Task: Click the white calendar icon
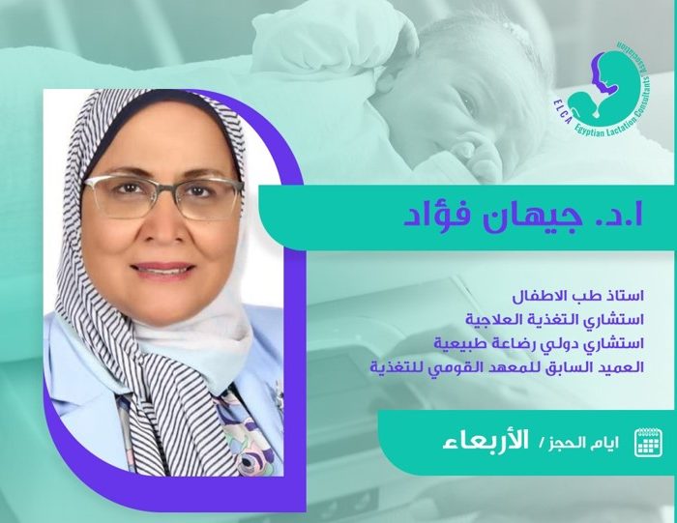point(649,443)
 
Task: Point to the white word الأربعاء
point(486,441)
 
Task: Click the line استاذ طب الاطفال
point(578,297)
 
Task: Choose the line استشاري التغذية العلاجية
point(555,320)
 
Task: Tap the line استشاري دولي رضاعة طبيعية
point(539,343)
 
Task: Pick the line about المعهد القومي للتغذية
point(508,367)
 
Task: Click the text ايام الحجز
point(584,443)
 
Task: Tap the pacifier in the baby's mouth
point(476,150)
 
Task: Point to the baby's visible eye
point(469,104)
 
